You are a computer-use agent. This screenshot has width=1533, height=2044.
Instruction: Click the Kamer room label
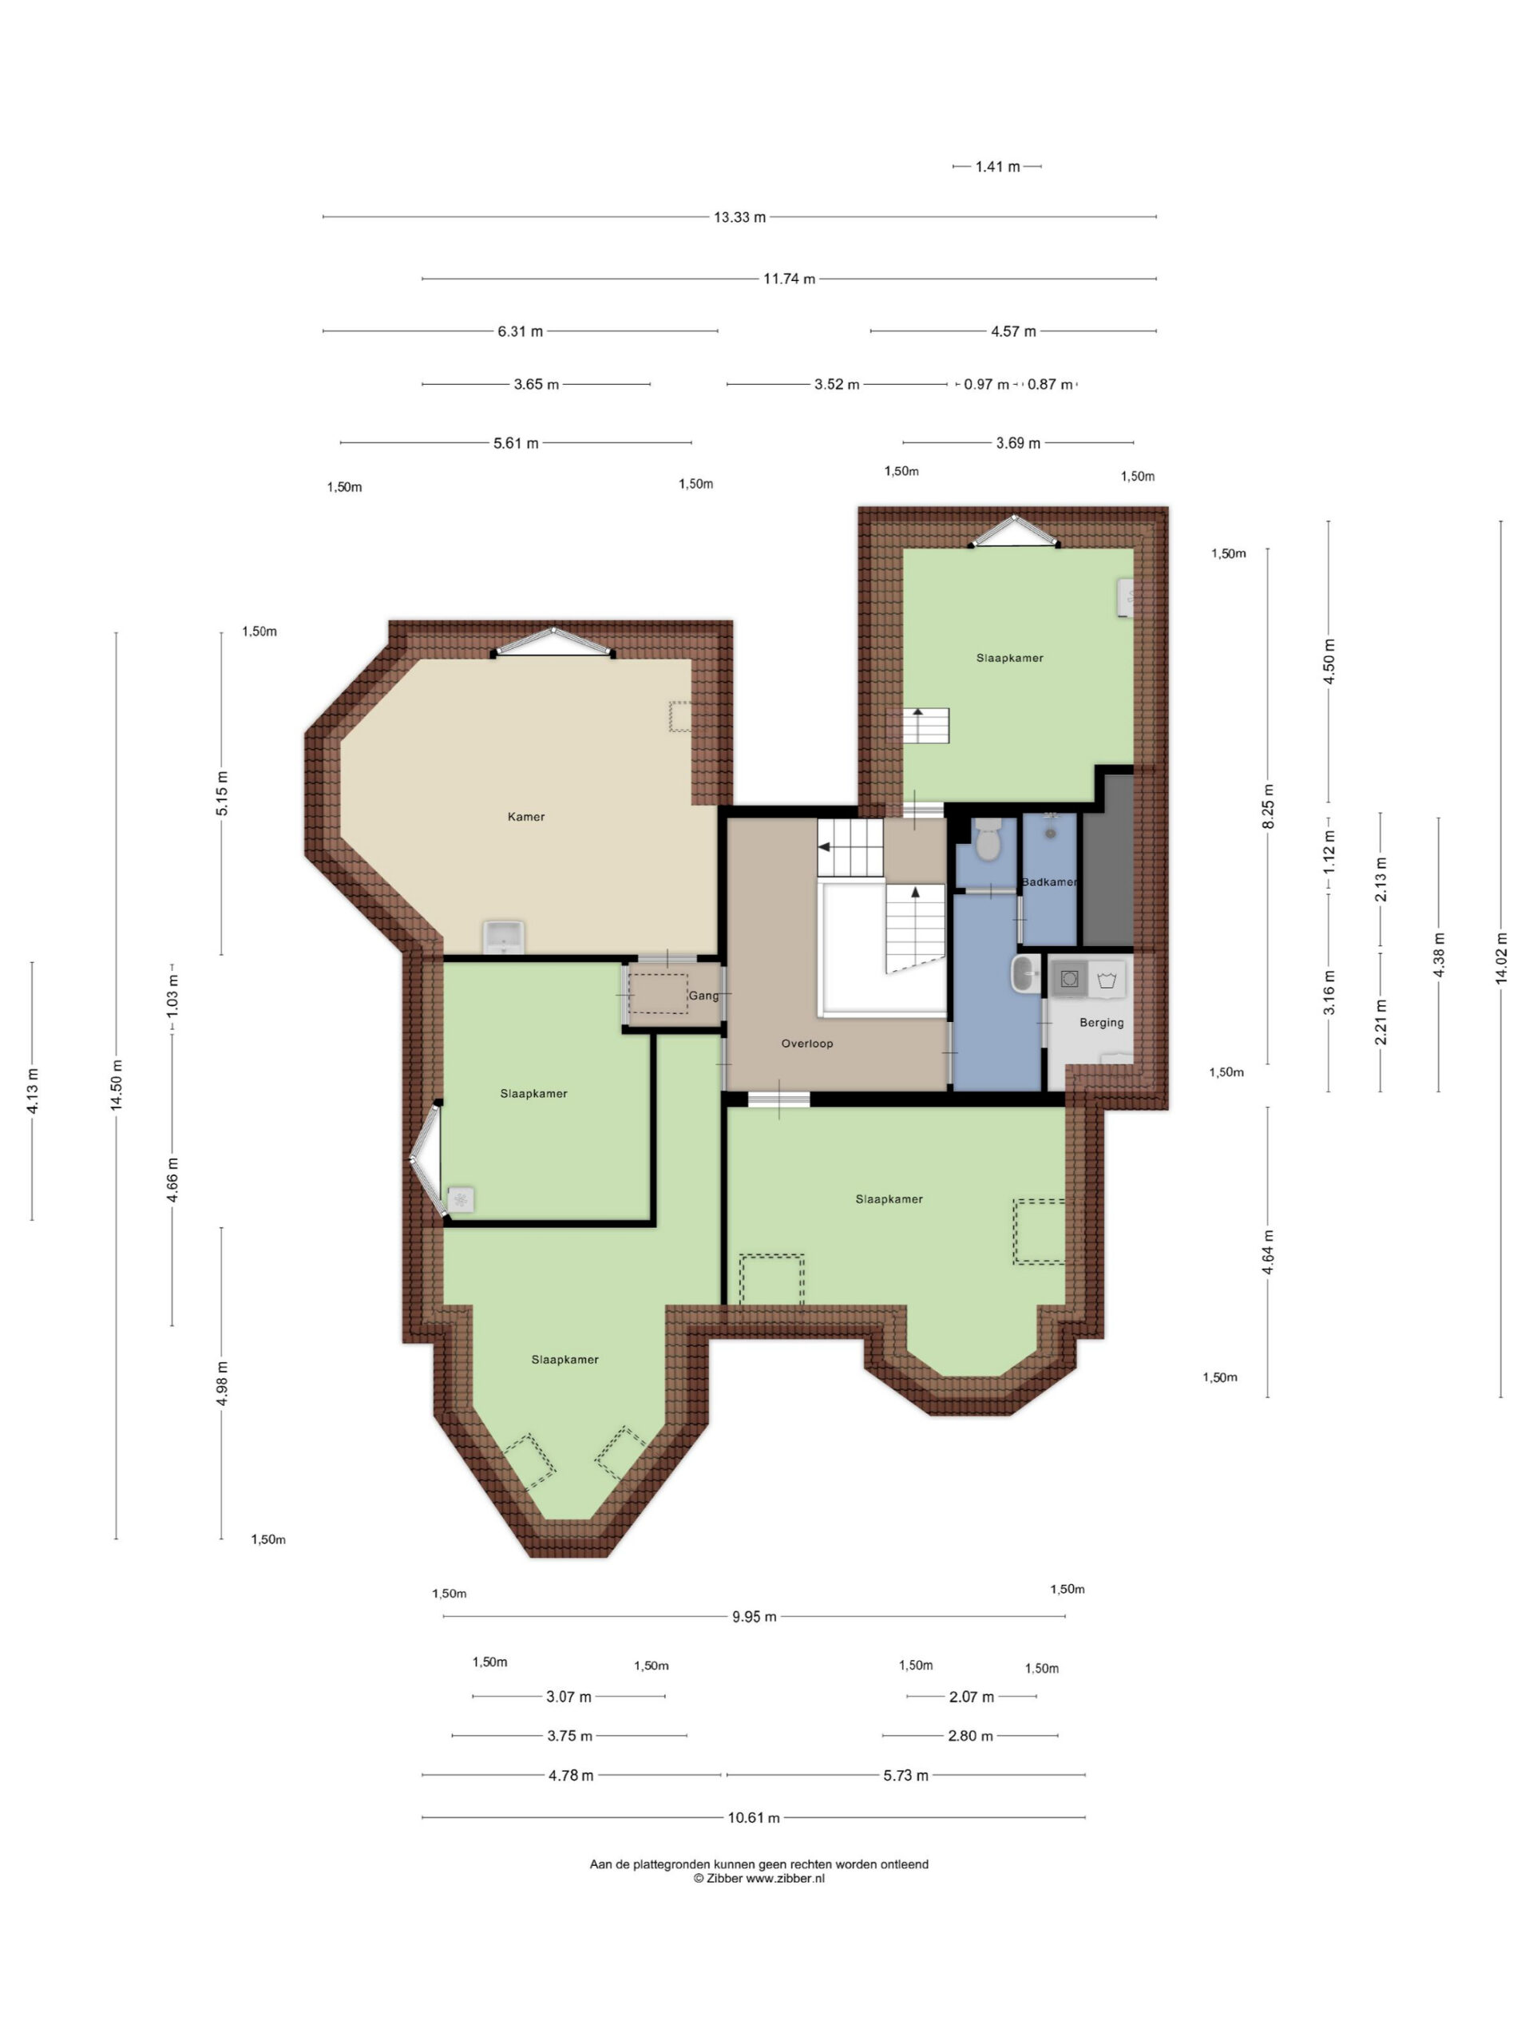tap(526, 817)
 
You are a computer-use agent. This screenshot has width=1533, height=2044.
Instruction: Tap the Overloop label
tap(806, 1044)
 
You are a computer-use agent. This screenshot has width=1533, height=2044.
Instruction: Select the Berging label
tap(1102, 1023)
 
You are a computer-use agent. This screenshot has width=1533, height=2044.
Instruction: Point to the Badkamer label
tap(1049, 882)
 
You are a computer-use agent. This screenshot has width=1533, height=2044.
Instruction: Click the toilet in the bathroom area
tap(988, 838)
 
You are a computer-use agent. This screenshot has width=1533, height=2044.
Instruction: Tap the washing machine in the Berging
tap(1069, 979)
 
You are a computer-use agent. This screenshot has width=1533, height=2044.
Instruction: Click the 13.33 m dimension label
tap(739, 217)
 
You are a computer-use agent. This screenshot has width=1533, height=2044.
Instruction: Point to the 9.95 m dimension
tap(754, 1616)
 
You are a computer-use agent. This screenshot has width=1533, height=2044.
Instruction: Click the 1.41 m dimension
tap(997, 166)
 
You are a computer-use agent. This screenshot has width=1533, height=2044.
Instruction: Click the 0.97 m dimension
tap(986, 384)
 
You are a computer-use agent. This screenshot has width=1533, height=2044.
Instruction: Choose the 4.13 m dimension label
tap(33, 1091)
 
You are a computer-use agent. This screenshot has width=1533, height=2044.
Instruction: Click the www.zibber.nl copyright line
tap(759, 1878)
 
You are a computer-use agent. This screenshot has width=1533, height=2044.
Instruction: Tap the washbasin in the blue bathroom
tap(1024, 974)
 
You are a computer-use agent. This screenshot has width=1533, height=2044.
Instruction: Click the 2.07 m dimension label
tap(971, 1697)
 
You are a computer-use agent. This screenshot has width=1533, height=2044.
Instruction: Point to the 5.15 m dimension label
tap(222, 793)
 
